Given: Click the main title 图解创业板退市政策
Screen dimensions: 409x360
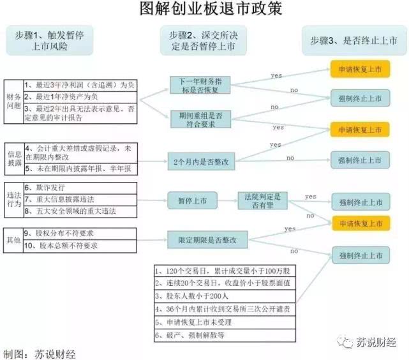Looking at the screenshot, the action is tap(211, 8).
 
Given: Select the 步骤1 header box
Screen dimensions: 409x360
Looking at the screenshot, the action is tap(50, 40).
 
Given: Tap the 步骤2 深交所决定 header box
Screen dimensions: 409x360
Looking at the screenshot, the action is tap(204, 40).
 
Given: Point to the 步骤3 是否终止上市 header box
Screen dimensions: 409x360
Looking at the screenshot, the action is tap(354, 40).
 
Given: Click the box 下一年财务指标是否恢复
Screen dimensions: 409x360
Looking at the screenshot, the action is tap(200, 85).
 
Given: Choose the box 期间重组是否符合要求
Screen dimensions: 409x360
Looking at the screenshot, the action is tap(200, 119).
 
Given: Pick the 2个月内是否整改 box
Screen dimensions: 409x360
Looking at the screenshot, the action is tap(201, 161).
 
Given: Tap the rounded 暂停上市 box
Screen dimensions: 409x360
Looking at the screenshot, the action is tap(192, 200).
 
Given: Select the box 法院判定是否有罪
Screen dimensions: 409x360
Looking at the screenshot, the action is tap(262, 200).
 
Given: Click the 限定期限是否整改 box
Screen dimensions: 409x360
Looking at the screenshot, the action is tap(207, 240).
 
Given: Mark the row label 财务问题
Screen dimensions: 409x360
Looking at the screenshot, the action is tap(14, 101).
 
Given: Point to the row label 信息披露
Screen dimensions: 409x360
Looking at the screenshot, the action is tap(15, 158).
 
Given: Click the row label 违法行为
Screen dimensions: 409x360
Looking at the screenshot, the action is tap(14, 200).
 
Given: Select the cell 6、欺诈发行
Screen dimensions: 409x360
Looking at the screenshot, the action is tap(80, 188).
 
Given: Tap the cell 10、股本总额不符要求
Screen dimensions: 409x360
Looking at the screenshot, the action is tap(80, 246).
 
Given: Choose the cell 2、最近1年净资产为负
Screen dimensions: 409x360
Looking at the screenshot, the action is tap(80, 97).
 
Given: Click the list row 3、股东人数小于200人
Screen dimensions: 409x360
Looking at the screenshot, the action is tap(225, 296).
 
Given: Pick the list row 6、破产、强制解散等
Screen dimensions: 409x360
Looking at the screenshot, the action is tap(225, 335).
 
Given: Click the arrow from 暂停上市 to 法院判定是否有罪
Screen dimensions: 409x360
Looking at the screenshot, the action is tap(227, 200).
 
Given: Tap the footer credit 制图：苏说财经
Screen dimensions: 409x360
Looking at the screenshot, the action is tap(40, 354).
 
